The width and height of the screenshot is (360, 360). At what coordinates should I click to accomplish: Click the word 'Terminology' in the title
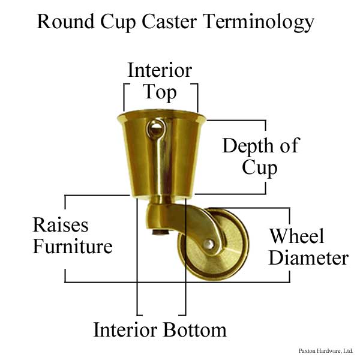click(259, 22)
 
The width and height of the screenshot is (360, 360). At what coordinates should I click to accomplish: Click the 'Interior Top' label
click(160, 81)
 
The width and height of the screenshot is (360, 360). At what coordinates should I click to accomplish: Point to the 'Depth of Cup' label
click(260, 155)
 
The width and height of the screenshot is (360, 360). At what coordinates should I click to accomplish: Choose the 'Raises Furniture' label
click(72, 235)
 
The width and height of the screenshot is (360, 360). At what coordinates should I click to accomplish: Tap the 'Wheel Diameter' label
click(308, 247)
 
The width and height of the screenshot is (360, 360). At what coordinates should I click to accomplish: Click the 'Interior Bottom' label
click(160, 329)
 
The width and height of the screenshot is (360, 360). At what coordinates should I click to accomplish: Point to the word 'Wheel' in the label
click(298, 235)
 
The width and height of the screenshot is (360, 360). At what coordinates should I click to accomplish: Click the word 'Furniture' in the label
click(72, 246)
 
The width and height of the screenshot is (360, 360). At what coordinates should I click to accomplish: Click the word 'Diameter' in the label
click(308, 258)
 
